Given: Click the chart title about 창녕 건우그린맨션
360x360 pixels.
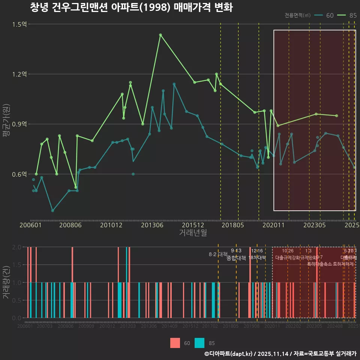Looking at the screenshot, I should click(x=131, y=8).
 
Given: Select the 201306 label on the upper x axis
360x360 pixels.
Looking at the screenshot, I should click(x=152, y=225).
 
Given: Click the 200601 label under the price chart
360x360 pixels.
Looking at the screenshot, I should click(x=30, y=225).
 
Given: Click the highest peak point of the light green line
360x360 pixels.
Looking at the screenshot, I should click(x=160, y=35).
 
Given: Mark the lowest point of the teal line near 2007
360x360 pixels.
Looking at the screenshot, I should click(x=52, y=211).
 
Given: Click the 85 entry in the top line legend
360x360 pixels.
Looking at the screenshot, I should click(x=349, y=15).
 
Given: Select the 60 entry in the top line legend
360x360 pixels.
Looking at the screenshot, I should click(x=326, y=15).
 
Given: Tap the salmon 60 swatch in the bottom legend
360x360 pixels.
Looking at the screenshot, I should click(x=175, y=343).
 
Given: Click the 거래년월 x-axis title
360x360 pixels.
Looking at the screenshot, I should click(x=193, y=233).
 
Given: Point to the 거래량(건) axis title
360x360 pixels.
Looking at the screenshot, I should click(x=6, y=282).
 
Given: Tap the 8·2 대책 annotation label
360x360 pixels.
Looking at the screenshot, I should click(x=218, y=254).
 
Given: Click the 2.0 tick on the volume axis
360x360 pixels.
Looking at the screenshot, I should click(x=17, y=247).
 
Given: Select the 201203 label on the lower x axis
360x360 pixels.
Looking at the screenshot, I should click(x=128, y=326).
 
